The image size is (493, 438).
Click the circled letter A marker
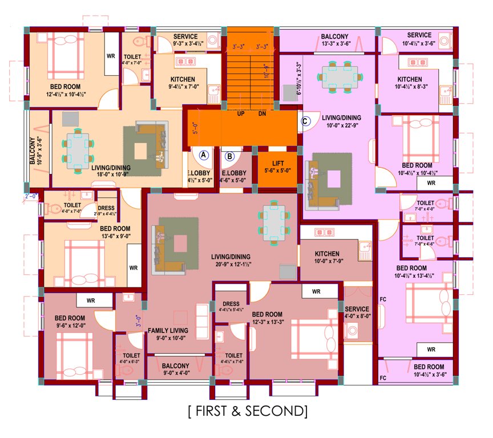[204, 155]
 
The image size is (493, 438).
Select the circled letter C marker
[305, 120]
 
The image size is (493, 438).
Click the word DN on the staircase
[262, 113]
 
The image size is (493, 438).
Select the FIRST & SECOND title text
[247, 411]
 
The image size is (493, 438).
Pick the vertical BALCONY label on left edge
[33, 151]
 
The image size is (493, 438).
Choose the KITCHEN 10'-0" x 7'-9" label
[326, 258]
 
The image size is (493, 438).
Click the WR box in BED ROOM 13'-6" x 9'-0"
[134, 267]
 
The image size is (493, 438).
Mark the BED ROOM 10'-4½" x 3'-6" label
[429, 370]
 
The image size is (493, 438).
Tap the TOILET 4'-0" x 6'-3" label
[130, 358]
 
